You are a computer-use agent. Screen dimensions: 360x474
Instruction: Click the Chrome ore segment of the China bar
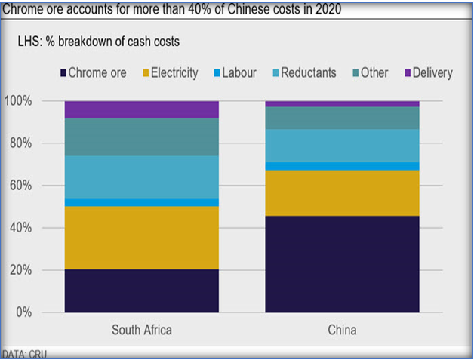[341, 264]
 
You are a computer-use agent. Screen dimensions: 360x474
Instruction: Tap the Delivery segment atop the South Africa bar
[141, 110]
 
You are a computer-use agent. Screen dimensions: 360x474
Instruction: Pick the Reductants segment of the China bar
[341, 146]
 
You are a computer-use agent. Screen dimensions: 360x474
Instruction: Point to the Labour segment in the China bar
[341, 166]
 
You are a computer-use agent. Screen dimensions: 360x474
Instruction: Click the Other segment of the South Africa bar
[141, 137]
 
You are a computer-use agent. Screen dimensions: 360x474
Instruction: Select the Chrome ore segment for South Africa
[141, 291]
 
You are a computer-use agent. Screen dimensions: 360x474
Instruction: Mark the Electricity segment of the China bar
[341, 193]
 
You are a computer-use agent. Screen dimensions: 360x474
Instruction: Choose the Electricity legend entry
[169, 73]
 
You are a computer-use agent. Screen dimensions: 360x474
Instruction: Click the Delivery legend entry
[426, 73]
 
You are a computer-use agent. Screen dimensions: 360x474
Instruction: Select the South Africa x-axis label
[141, 331]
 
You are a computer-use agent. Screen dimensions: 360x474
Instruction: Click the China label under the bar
[341, 331]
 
